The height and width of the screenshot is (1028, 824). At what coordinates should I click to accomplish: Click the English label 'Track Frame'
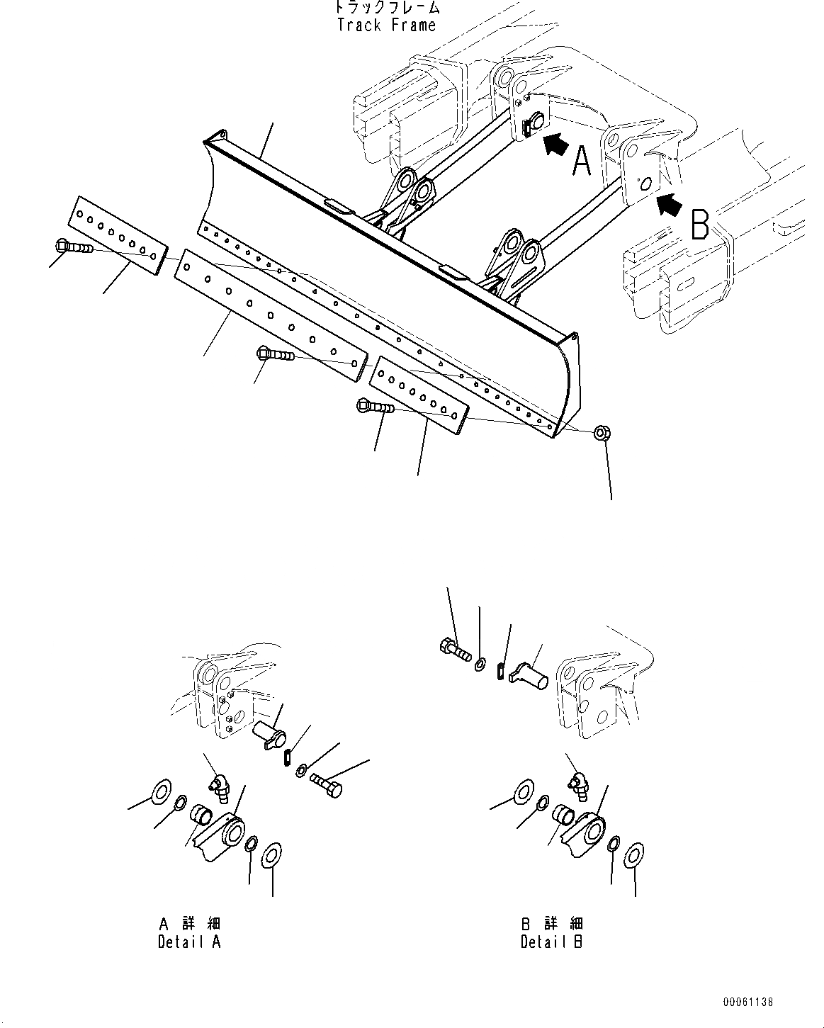(x=386, y=26)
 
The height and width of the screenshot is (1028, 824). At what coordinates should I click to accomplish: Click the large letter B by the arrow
(x=699, y=226)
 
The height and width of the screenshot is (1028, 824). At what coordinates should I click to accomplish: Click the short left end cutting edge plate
(x=118, y=232)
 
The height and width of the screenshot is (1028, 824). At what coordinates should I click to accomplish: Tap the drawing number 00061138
(x=748, y=1002)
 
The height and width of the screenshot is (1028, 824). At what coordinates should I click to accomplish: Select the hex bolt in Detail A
(x=326, y=784)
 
